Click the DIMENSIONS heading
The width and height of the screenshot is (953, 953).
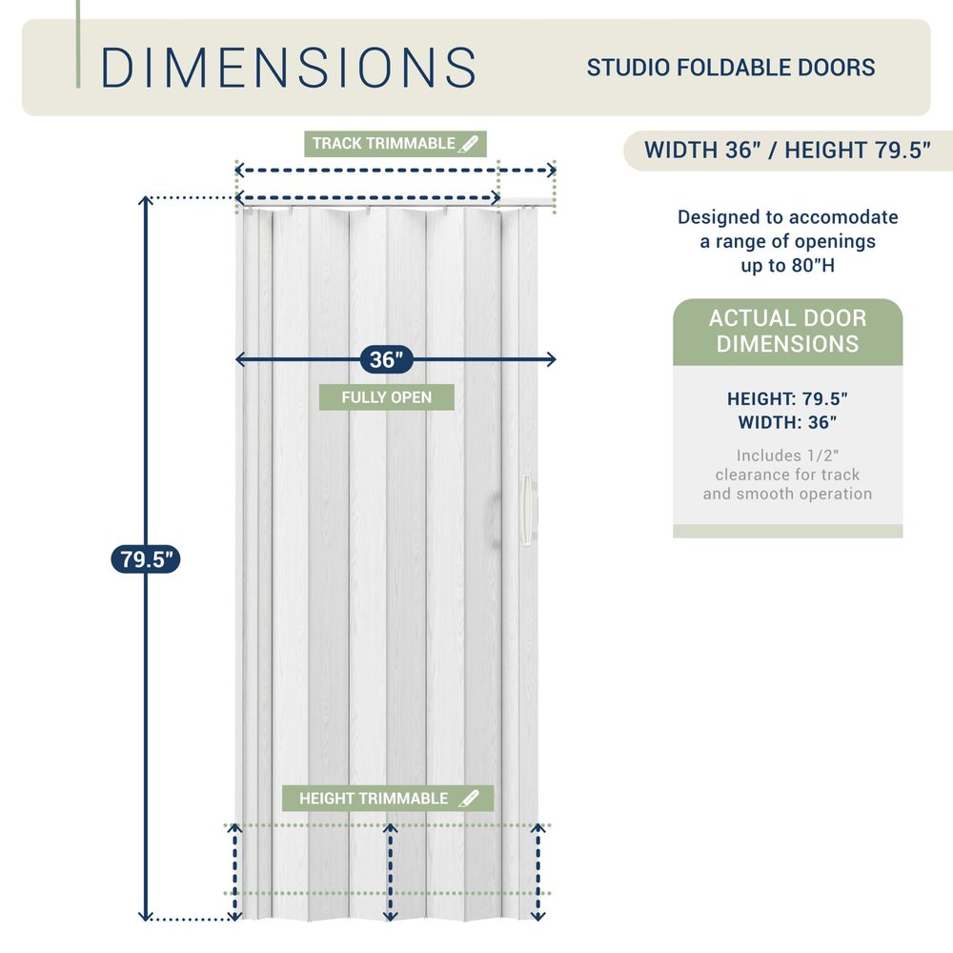click(x=288, y=68)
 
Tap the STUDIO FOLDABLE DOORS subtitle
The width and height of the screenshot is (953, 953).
click(x=731, y=68)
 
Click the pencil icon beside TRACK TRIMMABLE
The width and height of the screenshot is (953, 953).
click(x=469, y=144)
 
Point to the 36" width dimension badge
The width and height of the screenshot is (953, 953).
click(x=387, y=359)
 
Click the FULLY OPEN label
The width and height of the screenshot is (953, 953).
click(x=387, y=396)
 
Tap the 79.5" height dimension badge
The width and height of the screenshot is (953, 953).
click(x=146, y=559)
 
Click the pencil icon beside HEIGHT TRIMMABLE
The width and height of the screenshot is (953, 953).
click(x=469, y=798)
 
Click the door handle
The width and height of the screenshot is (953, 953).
click(x=526, y=509)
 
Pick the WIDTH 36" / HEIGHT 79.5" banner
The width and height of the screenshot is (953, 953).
click(x=787, y=151)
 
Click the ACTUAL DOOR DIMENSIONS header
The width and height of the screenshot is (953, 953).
click(x=788, y=332)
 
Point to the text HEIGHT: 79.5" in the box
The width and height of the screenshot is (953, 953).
click(x=788, y=398)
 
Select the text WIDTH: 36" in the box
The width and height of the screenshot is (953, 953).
click(x=788, y=422)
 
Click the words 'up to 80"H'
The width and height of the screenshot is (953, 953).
click(x=788, y=266)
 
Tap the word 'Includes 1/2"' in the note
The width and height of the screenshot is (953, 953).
click(x=788, y=456)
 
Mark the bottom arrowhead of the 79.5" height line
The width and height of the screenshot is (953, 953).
click(x=145, y=916)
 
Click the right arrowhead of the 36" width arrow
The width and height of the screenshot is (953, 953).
click(x=552, y=359)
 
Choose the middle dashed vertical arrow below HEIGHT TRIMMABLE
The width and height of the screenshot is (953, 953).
click(x=390, y=872)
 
